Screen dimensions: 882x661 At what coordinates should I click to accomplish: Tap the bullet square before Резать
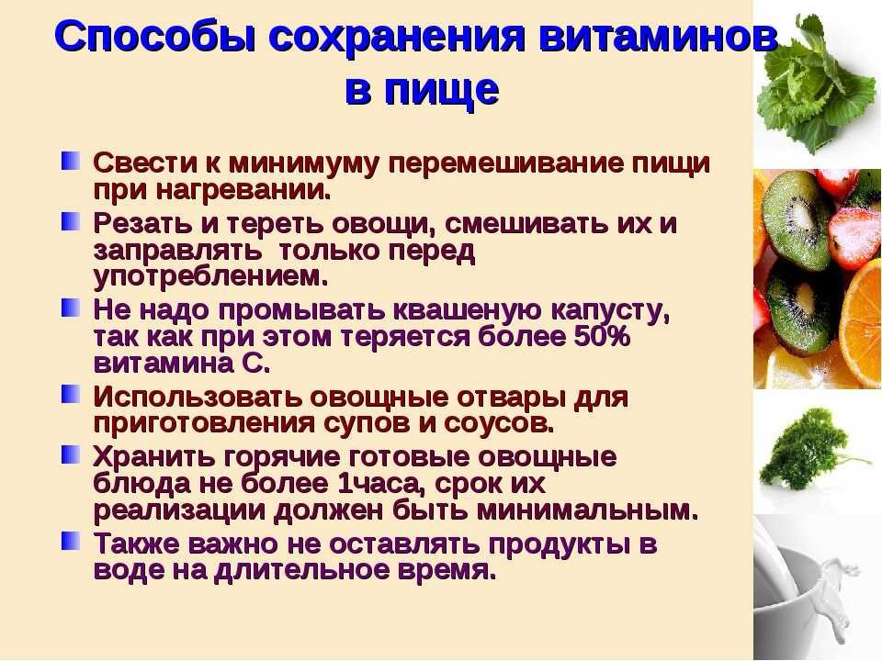click(x=71, y=221)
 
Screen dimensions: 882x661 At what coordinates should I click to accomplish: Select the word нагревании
click(x=243, y=191)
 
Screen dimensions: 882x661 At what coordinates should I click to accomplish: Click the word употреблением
click(x=210, y=277)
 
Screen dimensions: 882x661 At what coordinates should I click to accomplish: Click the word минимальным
click(x=588, y=510)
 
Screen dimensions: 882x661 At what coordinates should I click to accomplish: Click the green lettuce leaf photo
click(x=816, y=84)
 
